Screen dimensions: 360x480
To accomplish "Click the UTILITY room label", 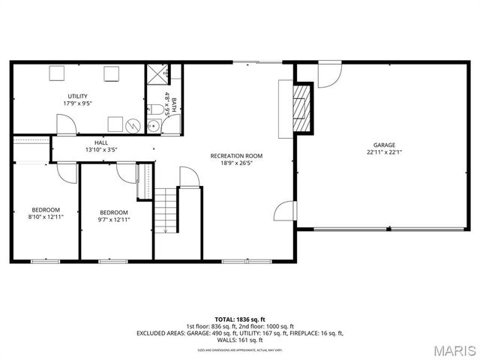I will [77, 96].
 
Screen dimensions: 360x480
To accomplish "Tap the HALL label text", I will [101, 142].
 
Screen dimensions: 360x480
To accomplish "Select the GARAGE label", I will [385, 145].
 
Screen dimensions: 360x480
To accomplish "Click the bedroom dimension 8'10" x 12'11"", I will [45, 217].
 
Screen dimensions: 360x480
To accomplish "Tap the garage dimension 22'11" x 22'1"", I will [385, 152].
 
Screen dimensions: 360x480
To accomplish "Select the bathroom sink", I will [152, 125].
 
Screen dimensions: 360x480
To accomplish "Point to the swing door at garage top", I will [328, 73].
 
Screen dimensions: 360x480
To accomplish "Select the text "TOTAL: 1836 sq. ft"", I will [241, 319].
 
